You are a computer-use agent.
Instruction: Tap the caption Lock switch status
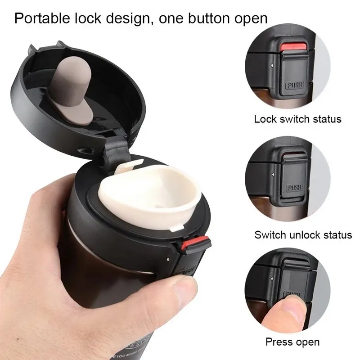(x=297, y=119)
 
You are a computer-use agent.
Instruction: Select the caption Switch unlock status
(x=303, y=234)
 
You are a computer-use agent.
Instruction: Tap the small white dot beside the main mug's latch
(x=167, y=260)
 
